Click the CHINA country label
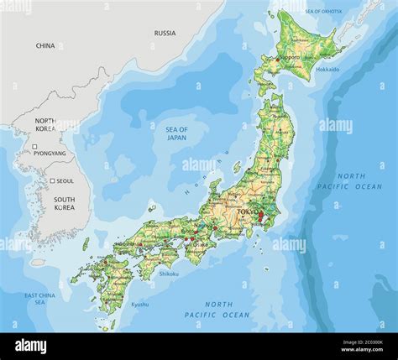tap(45, 46)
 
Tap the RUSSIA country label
tap(165, 34)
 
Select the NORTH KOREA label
tap(45, 125)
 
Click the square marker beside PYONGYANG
tap(35, 148)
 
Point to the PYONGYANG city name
tap(49, 154)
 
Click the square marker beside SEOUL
tap(51, 180)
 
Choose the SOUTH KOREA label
tap(64, 203)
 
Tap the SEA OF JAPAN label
tap(175, 133)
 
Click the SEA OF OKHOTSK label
tap(324, 10)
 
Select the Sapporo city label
tap(288, 57)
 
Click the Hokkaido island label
tap(327, 70)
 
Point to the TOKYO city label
tap(246, 212)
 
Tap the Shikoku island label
tap(169, 273)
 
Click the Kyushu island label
tap(139, 304)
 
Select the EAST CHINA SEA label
tap(40, 299)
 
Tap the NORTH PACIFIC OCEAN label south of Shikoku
tap(217, 310)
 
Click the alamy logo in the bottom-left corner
tap(30, 346)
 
